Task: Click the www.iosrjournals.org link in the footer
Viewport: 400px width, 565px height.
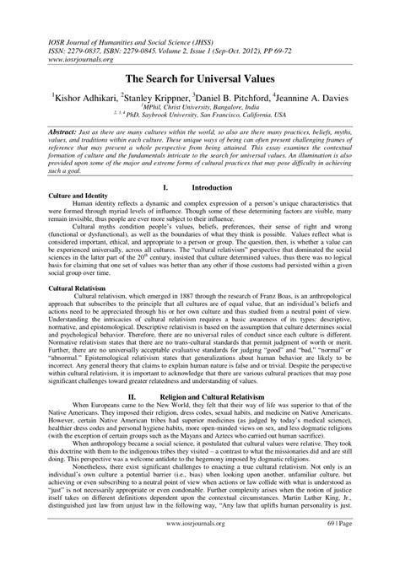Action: pos(199,546)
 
